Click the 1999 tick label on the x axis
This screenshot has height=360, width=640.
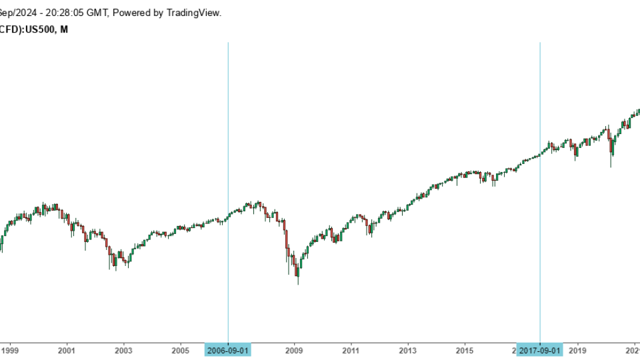pyautogui.click(x=9, y=350)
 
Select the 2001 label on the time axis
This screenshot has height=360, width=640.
pyautogui.click(x=66, y=350)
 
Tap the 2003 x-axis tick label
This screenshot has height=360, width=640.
pyautogui.click(x=123, y=350)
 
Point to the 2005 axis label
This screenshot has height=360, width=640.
pyautogui.click(x=180, y=350)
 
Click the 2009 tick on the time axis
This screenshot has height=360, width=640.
pyautogui.click(x=294, y=350)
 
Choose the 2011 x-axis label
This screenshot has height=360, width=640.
pyautogui.click(x=351, y=350)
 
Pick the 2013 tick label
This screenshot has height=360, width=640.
pyautogui.click(x=408, y=350)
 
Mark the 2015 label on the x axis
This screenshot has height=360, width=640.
pyautogui.click(x=465, y=350)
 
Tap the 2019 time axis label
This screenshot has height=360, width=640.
pyautogui.click(x=578, y=350)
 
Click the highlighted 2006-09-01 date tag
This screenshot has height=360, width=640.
pyautogui.click(x=228, y=350)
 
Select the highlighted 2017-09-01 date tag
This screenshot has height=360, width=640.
pyautogui.click(x=540, y=350)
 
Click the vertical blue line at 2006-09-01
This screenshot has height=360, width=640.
pyautogui.click(x=228, y=133)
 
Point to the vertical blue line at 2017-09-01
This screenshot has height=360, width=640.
pyautogui.click(x=540, y=100)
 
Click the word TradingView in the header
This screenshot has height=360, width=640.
pyautogui.click(x=194, y=13)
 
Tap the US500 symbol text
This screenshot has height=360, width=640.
pyautogui.click(x=42, y=29)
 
